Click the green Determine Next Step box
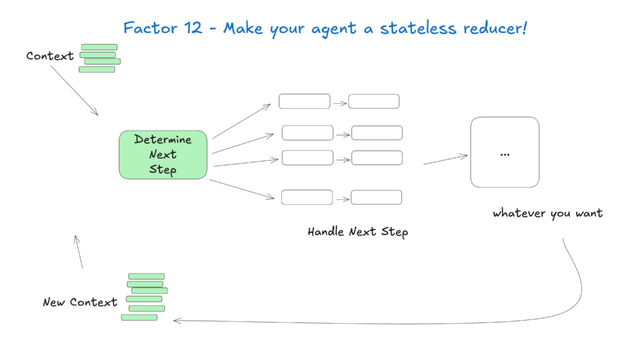coord(162,154)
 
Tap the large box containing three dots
coord(504,152)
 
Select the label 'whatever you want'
coord(547,213)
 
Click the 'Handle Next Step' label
coord(357,232)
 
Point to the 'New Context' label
coord(80,302)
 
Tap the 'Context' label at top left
coord(50,56)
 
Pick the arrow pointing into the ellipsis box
coord(445,159)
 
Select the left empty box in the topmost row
coord(304,101)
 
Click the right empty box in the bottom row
coord(376,197)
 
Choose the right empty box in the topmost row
coord(374,101)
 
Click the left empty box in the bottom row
coord(307,197)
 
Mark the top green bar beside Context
coord(99,47)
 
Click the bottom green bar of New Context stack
coord(139,317)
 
